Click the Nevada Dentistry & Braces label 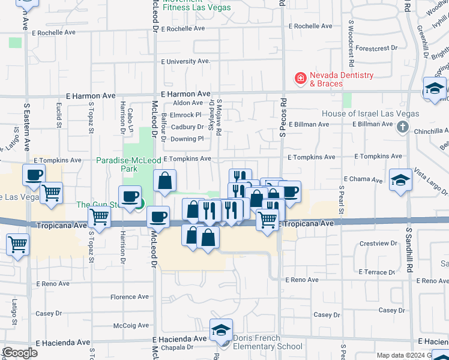pos(341,79)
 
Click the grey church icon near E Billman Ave pos(402,127)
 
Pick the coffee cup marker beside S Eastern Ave pos(34,175)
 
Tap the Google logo pos(20,353)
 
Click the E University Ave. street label pos(186,61)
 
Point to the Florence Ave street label pos(129,296)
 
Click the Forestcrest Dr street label pos(376,47)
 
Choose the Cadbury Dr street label pos(187,127)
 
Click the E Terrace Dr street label pos(376,272)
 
